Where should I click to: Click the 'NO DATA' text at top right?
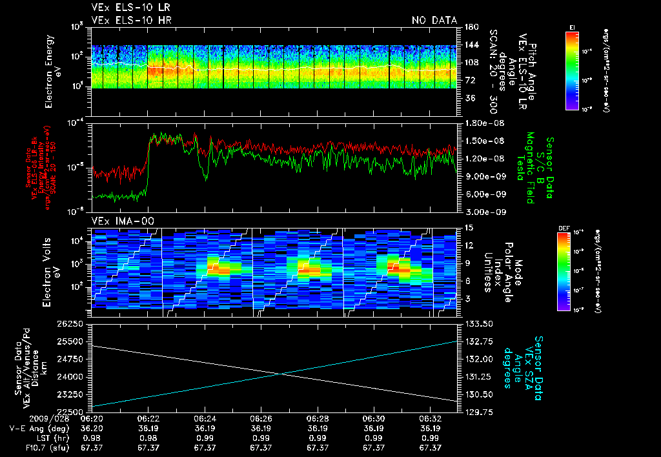pyautogui.click(x=434, y=21)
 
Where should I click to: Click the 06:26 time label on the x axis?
pyautogui.click(x=260, y=419)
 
